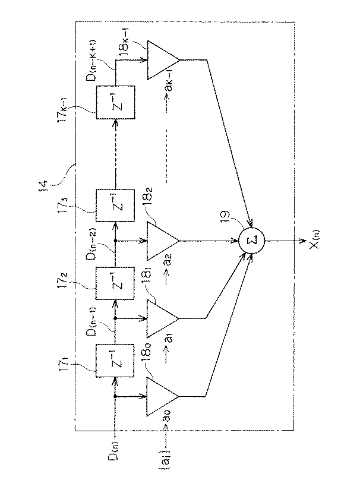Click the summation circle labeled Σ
coord(252,241)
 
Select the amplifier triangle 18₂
coord(161,241)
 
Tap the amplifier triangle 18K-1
coord(161,60)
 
